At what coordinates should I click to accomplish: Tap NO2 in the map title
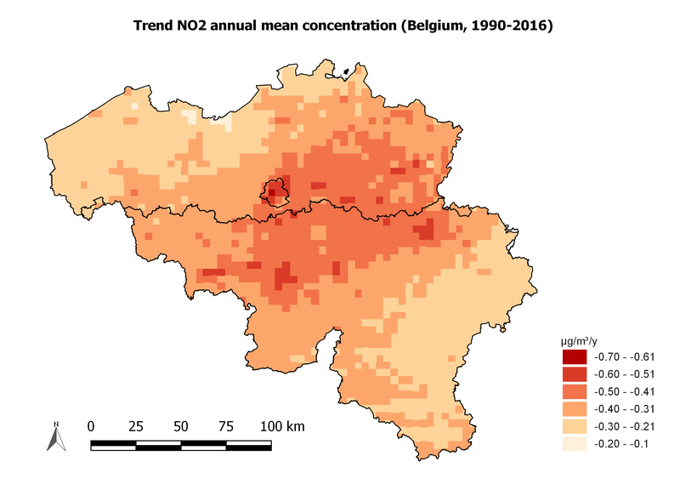[200, 26]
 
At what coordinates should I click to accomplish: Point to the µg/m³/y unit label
[578, 340]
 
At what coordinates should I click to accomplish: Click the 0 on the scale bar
[91, 425]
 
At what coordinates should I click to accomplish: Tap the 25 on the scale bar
[136, 425]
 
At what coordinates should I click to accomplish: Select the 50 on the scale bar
[181, 425]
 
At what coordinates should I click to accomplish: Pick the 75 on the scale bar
[226, 425]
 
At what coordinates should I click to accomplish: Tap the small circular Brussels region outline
[275, 192]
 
